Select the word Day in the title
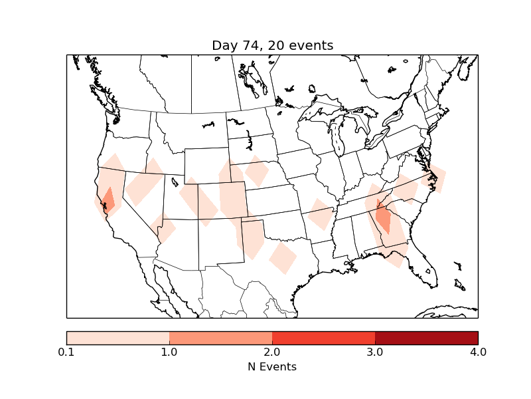click(224, 46)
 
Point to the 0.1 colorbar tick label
click(66, 352)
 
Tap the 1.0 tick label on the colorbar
click(169, 352)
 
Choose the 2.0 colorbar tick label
click(272, 352)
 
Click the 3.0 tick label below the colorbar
click(375, 352)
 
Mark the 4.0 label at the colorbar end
click(478, 352)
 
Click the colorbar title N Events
click(272, 366)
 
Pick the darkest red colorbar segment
click(426, 338)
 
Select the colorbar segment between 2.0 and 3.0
click(323, 338)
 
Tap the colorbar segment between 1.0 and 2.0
click(220, 338)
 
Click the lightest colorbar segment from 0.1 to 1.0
click(117, 338)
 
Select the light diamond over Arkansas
click(320, 215)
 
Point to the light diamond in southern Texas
click(283, 257)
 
